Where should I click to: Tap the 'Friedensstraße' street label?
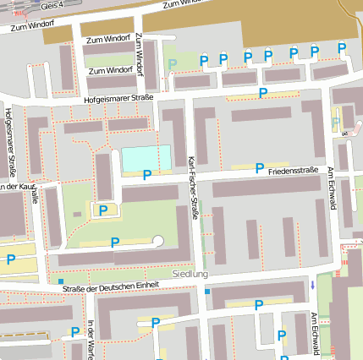(293, 171)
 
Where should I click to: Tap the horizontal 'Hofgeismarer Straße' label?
(118, 99)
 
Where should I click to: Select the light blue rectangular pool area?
(146, 157)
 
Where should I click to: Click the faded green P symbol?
(173, 64)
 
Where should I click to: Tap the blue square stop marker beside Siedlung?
(207, 292)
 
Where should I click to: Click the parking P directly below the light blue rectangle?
(146, 175)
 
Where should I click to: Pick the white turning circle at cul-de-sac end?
(157, 242)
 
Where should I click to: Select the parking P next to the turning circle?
(115, 243)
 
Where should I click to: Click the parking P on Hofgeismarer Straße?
(262, 92)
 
